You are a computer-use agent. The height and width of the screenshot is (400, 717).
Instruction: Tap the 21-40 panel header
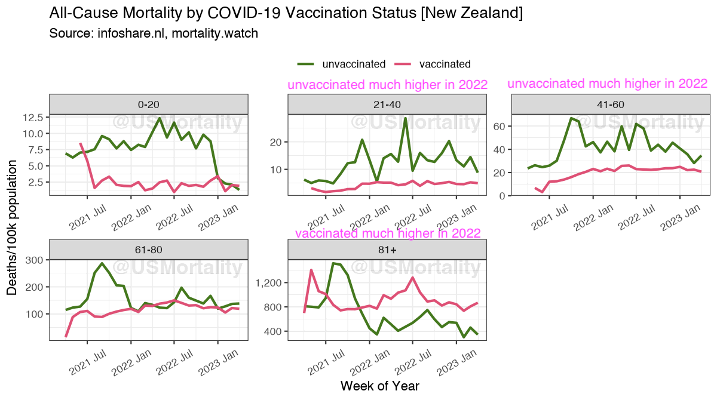click(x=387, y=104)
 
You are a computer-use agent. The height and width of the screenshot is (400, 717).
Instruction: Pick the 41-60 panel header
click(x=611, y=104)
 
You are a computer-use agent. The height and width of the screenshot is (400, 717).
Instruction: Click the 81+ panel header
click(x=387, y=250)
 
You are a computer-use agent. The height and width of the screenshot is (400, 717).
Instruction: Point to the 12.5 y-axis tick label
click(x=29, y=118)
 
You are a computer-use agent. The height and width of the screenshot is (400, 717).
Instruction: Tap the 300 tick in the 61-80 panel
click(x=33, y=260)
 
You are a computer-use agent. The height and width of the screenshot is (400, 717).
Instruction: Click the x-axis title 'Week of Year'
click(x=380, y=386)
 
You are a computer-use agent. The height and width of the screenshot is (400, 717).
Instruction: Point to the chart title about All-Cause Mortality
click(x=286, y=13)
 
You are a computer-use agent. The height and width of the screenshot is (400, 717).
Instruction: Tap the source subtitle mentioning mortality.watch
click(x=154, y=33)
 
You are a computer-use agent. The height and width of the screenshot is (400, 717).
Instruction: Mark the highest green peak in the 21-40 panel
click(x=405, y=118)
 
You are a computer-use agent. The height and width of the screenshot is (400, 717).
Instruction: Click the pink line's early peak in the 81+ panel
click(x=311, y=270)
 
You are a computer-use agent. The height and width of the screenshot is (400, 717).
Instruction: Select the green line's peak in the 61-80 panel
click(x=102, y=263)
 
